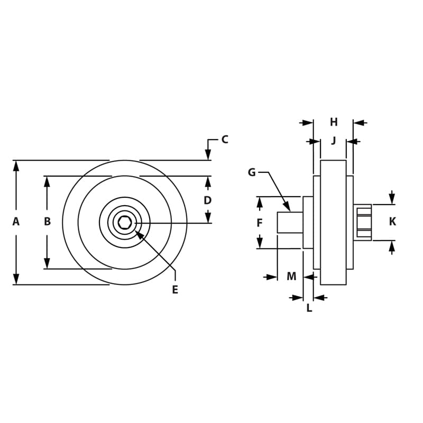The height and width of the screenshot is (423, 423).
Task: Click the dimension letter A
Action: pyautogui.click(x=16, y=222)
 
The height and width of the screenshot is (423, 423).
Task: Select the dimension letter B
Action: pyautogui.click(x=47, y=222)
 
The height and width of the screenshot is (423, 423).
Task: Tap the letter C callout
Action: pyautogui.click(x=225, y=140)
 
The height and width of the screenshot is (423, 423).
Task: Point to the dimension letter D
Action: pyautogui.click(x=208, y=200)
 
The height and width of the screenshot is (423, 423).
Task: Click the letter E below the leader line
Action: pyautogui.click(x=175, y=290)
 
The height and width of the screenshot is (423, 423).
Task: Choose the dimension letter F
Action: pyautogui.click(x=260, y=223)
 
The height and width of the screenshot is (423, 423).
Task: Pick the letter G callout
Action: pyautogui.click(x=252, y=172)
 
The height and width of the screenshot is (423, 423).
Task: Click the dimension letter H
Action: pyautogui.click(x=334, y=122)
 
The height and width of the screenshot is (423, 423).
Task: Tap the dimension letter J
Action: pyautogui.click(x=334, y=141)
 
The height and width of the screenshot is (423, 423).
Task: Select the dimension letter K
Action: pyautogui.click(x=392, y=222)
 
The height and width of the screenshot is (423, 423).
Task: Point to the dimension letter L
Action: pyautogui.click(x=309, y=308)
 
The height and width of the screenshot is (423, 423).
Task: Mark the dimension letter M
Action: pyautogui.click(x=291, y=276)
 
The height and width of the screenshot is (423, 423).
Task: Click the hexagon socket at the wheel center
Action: pyautogui.click(x=125, y=223)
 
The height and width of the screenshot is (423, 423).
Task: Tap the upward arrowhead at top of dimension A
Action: pyautogui.click(x=16, y=165)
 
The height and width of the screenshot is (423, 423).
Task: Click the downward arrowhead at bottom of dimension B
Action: pyautogui.click(x=47, y=263)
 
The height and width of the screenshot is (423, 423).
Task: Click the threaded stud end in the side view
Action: pyautogui.click(x=290, y=222)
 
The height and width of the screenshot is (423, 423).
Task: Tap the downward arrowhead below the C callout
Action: pyautogui.click(x=208, y=155)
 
